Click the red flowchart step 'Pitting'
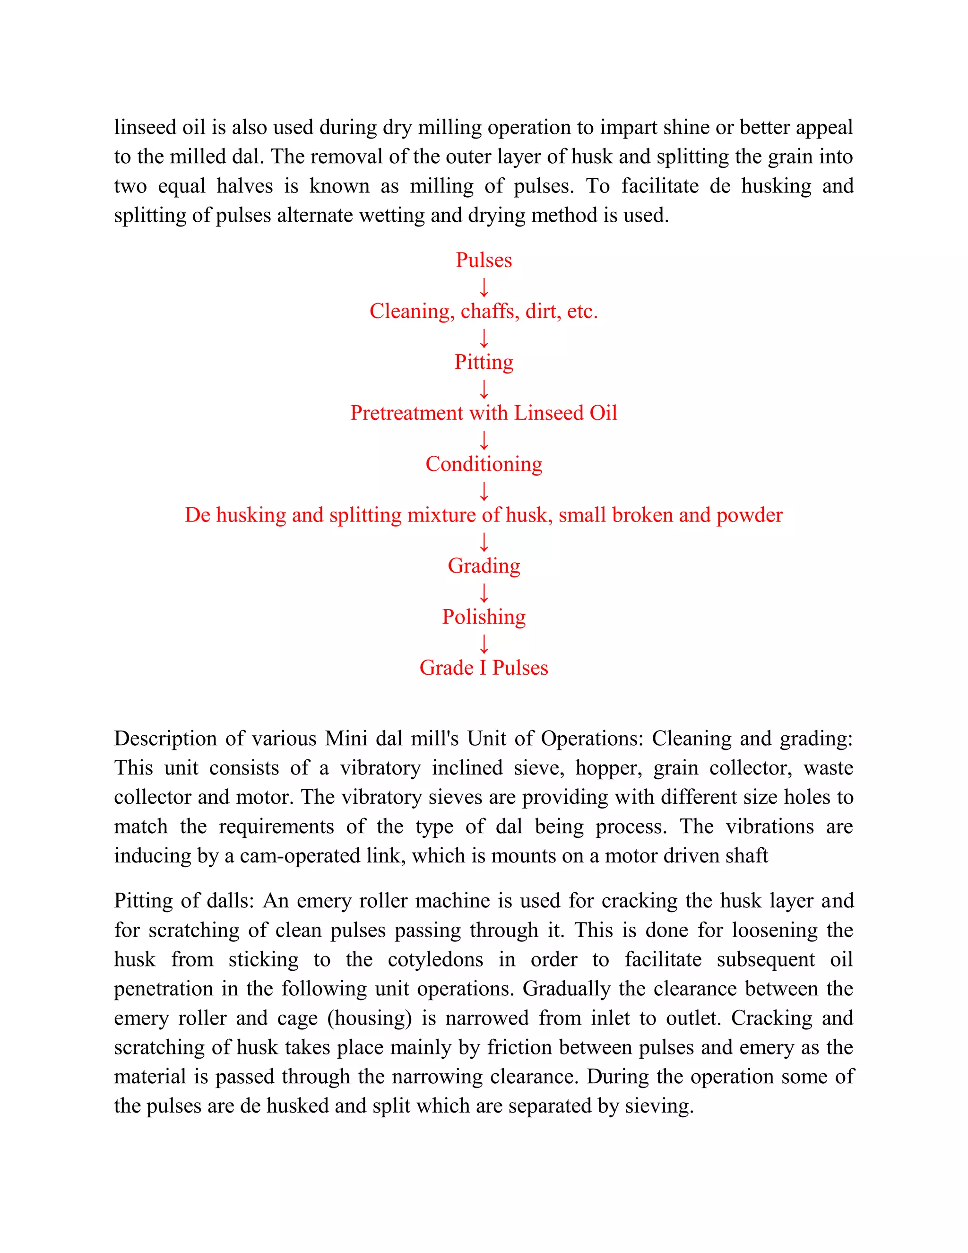point(484,363)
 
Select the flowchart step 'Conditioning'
point(484,464)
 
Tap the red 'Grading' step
point(484,566)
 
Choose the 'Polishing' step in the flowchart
point(484,617)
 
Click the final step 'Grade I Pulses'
point(484,668)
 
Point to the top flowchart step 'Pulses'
point(484,260)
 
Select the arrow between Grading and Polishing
point(484,592)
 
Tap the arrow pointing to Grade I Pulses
point(484,644)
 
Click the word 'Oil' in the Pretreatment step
point(603,413)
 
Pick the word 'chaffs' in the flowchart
point(490,311)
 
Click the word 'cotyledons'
point(435,959)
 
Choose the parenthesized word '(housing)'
point(370,1018)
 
